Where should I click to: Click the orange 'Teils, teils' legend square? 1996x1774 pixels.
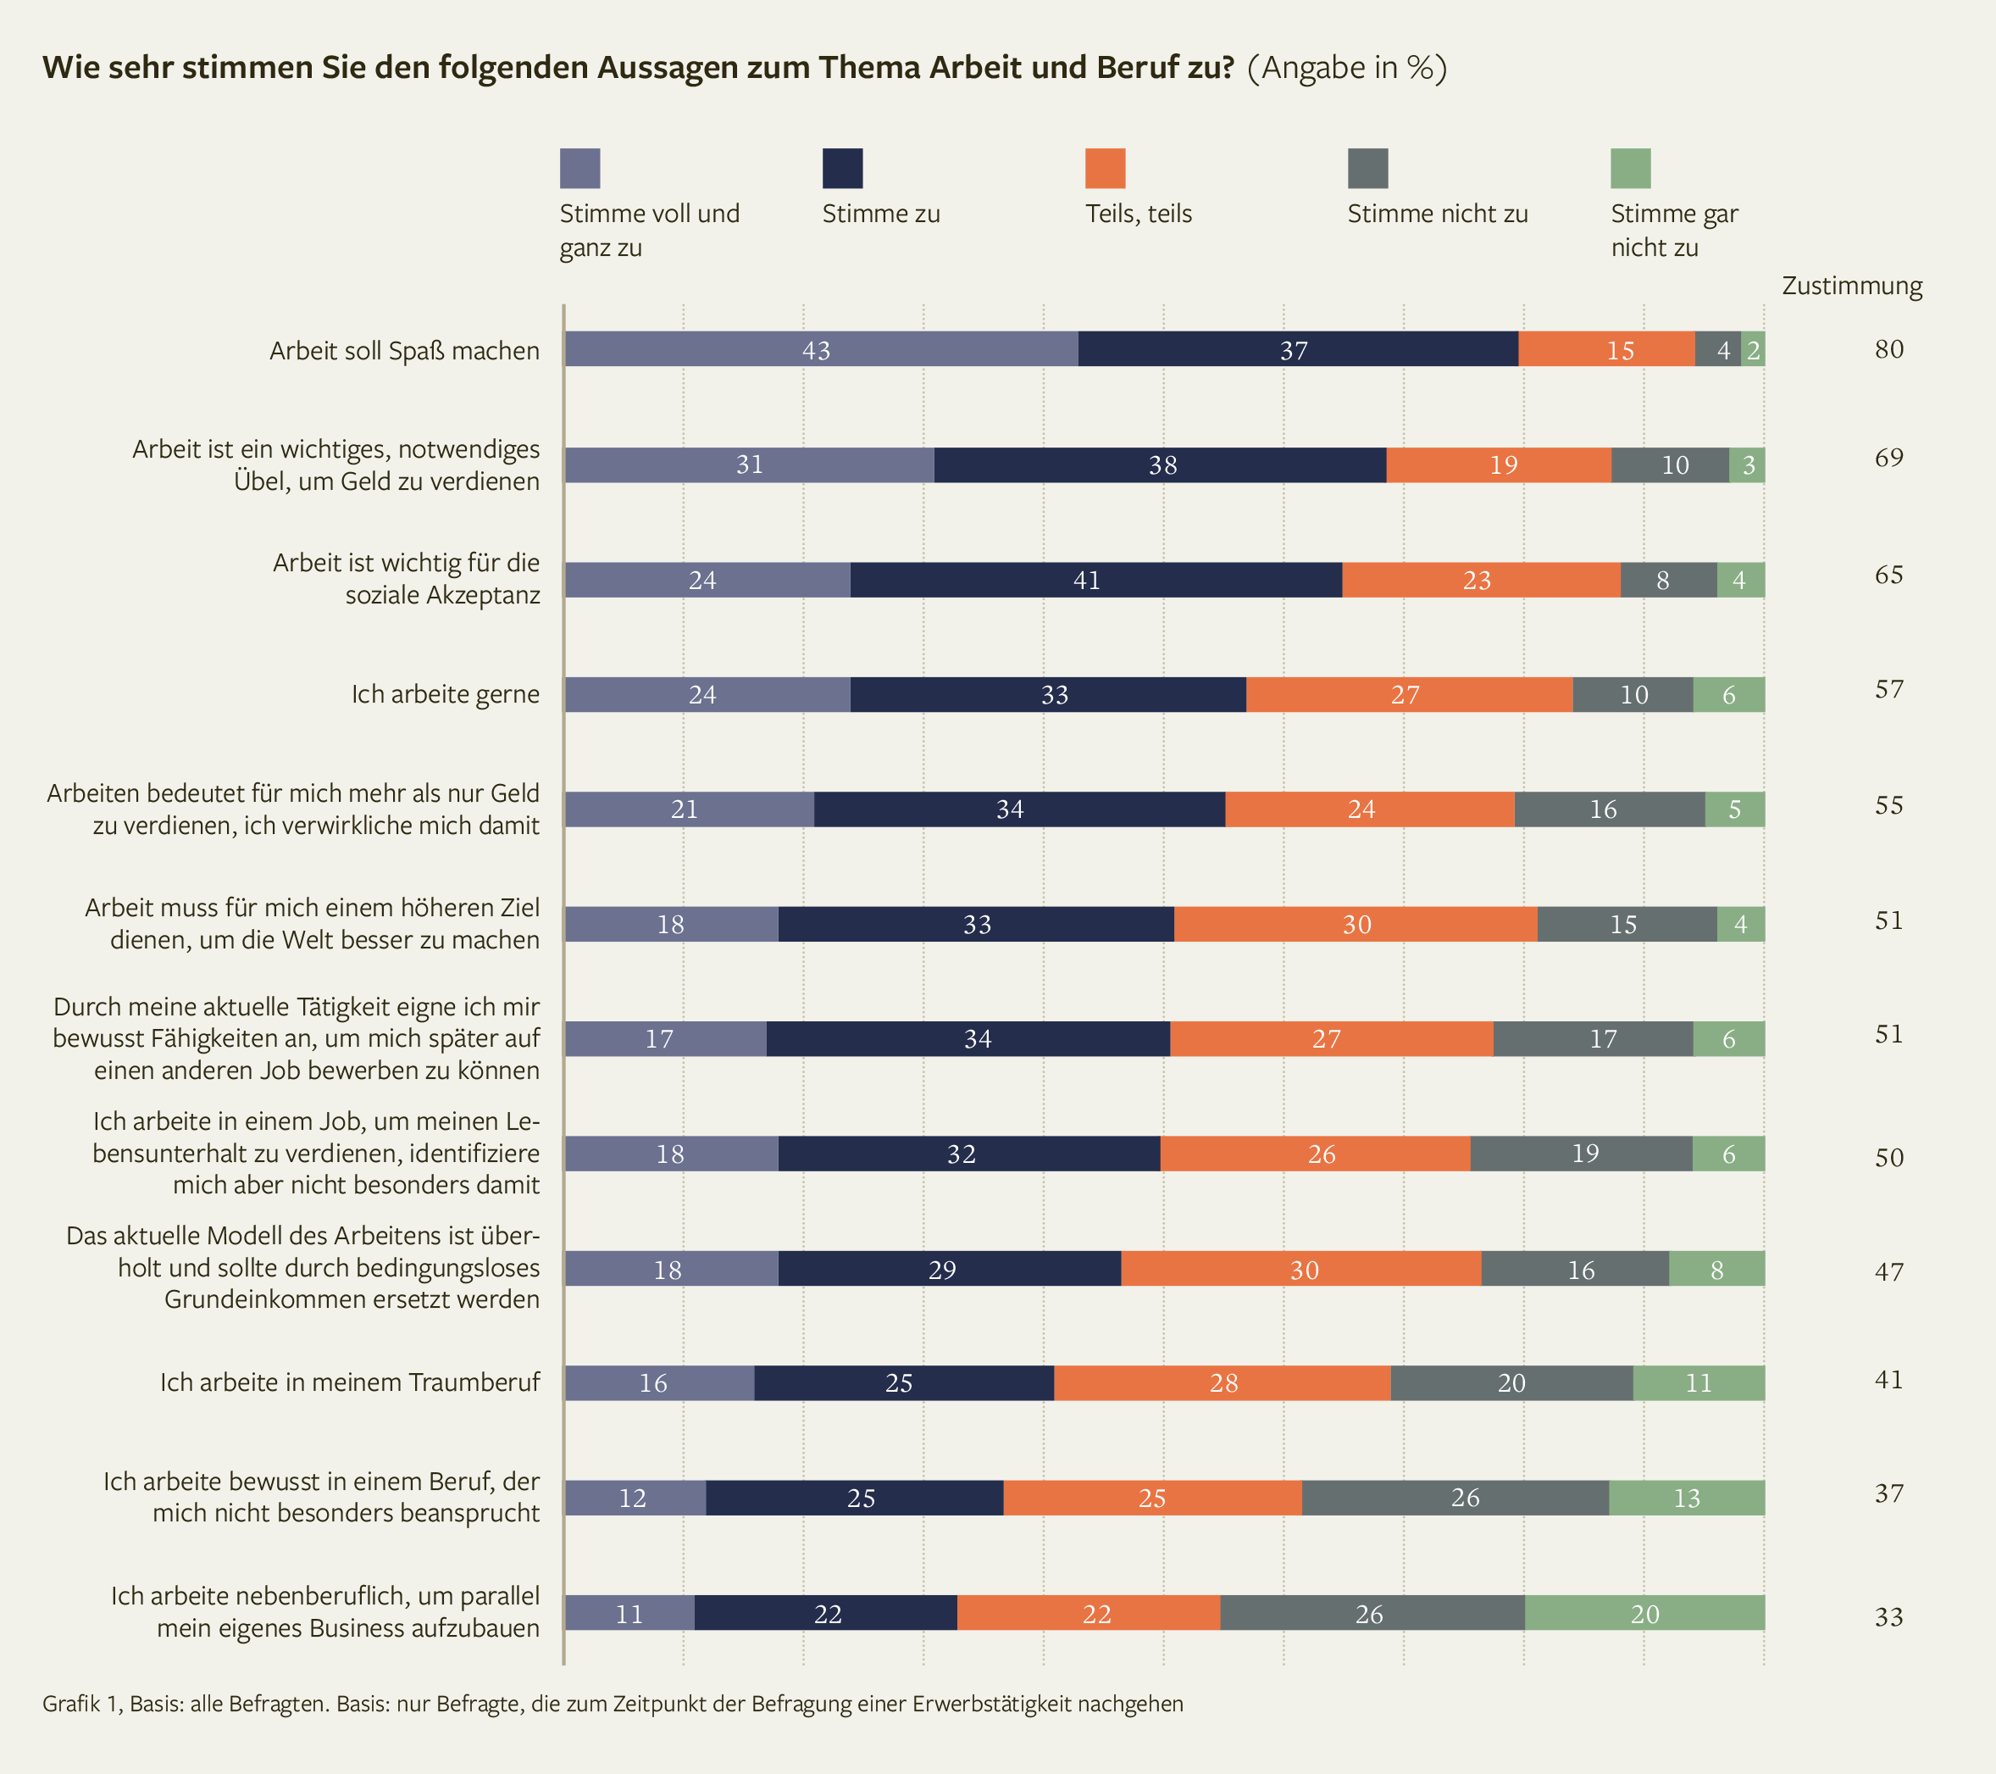pos(1105,168)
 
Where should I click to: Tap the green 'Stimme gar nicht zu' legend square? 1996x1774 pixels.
pos(1630,168)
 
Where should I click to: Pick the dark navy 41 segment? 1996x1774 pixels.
pos(1095,581)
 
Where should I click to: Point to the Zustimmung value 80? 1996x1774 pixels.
pos(1888,348)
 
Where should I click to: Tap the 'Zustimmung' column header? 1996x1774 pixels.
pos(1851,286)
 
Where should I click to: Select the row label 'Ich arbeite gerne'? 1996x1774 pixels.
pos(446,694)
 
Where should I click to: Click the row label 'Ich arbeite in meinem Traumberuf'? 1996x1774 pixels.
pos(350,1382)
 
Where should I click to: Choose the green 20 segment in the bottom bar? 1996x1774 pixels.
pos(1644,1613)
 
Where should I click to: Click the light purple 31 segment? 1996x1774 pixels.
pos(749,465)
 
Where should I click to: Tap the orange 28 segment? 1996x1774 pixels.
pos(1222,1382)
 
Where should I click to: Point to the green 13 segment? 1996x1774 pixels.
pos(1687,1498)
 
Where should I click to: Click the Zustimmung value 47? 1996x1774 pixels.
pos(1888,1271)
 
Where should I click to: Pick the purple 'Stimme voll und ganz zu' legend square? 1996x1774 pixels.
pos(579,168)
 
